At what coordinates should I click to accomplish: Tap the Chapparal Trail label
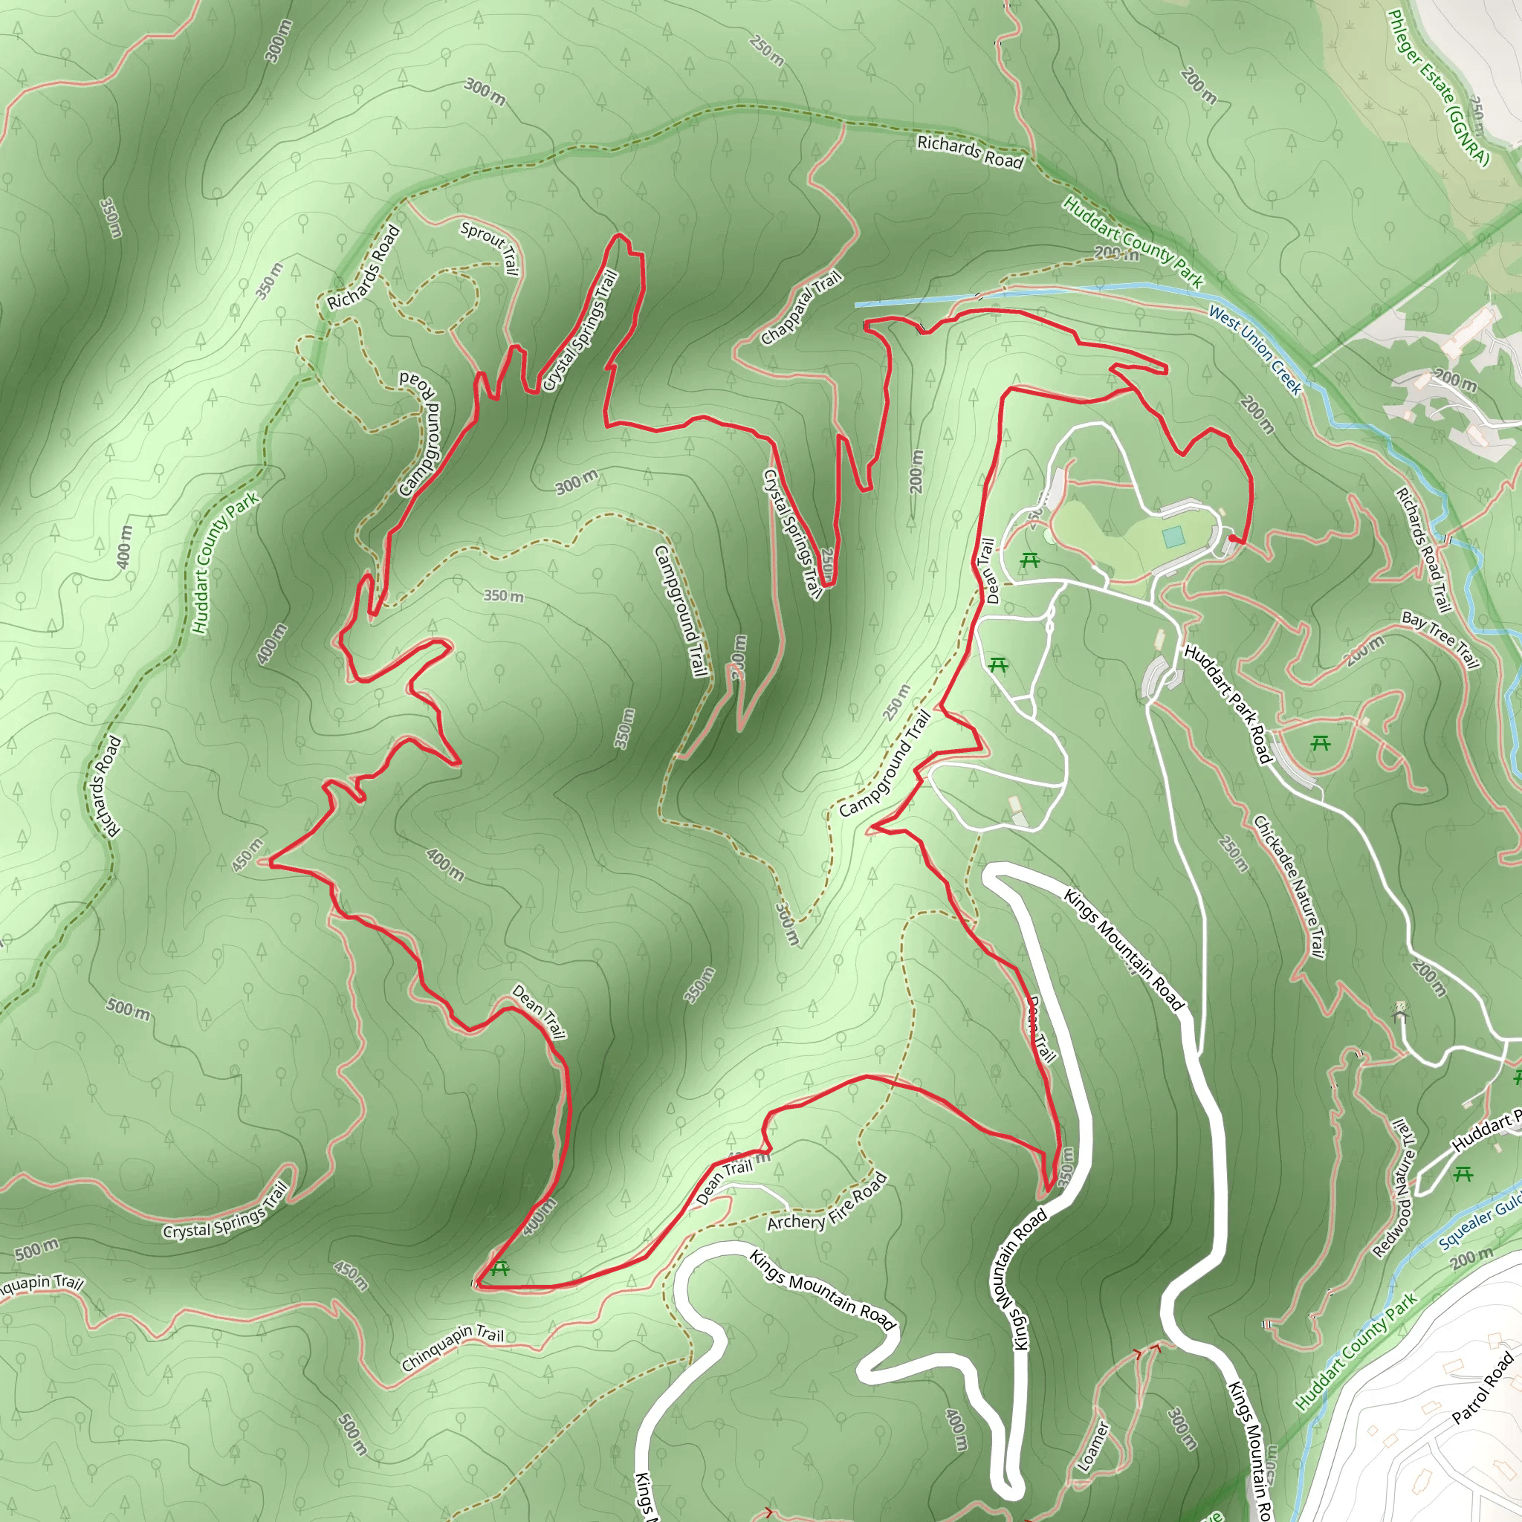[x=801, y=307]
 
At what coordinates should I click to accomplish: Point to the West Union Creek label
[x=1255, y=349]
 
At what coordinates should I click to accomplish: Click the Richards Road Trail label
[x=1422, y=549]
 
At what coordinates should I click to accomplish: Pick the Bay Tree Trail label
[x=1441, y=640]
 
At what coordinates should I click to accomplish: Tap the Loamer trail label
[x=1092, y=1446]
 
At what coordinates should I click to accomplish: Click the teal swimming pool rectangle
[x=1173, y=537]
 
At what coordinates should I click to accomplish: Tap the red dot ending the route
[x=1232, y=539]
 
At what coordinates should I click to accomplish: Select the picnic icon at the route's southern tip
[x=499, y=1269]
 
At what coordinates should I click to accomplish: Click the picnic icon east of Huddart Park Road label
[x=1321, y=742]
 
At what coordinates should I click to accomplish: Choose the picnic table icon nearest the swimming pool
[x=1029, y=561]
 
